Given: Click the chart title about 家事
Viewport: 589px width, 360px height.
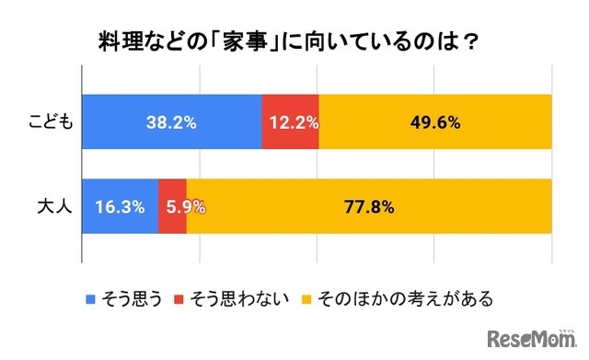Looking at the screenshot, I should click(x=294, y=43).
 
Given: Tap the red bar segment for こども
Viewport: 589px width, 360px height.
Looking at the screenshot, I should click(x=290, y=122).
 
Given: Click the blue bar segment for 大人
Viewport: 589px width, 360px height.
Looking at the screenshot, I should click(x=120, y=206).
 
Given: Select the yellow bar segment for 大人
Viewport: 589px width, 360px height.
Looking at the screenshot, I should click(x=368, y=206).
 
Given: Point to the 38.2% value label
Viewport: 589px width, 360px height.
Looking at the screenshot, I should click(x=171, y=122).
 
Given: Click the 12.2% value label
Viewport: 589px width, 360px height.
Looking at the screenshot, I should click(x=290, y=122).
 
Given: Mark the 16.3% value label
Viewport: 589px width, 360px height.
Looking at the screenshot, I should click(x=120, y=206).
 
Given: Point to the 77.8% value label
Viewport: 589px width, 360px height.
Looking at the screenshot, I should click(x=369, y=206).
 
